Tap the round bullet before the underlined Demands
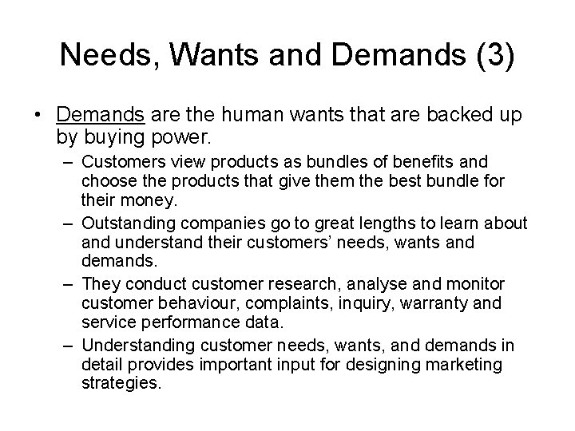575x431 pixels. point(39,116)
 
